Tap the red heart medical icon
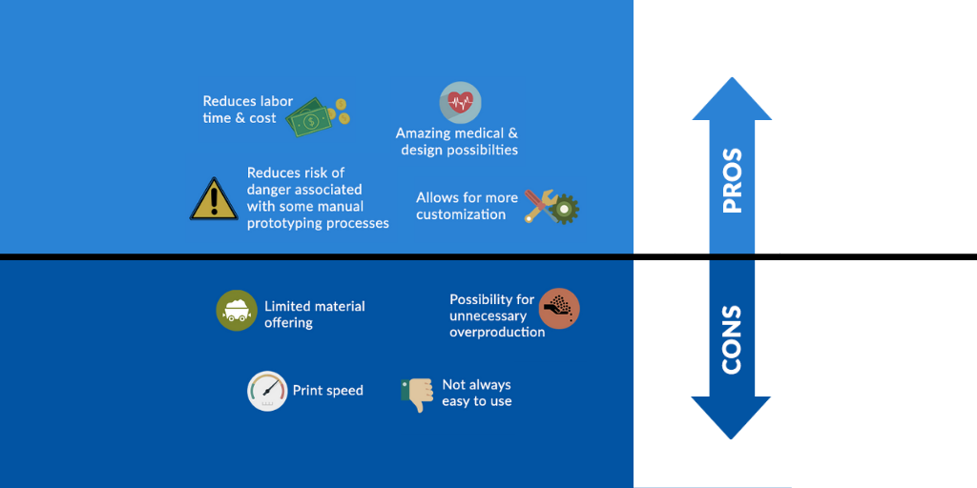(461, 102)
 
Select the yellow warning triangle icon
(214, 198)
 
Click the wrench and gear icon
(551, 207)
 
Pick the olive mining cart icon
(237, 310)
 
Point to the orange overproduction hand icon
(559, 308)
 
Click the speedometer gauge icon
(267, 391)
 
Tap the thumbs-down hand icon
(417, 395)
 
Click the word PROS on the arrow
(732, 180)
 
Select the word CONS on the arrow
(732, 339)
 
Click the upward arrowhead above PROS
(732, 98)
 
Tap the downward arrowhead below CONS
(731, 417)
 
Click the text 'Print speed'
(328, 391)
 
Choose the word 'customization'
(461, 214)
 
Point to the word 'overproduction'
(497, 332)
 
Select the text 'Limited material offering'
(315, 315)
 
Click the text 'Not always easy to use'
(477, 393)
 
